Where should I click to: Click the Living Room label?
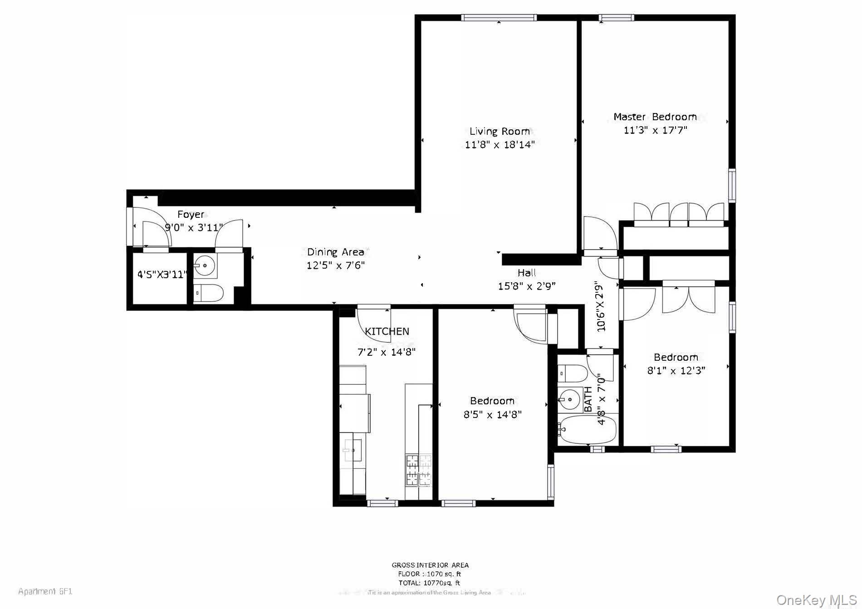500,132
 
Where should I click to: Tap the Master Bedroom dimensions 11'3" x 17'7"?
655,130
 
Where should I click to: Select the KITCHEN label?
387,332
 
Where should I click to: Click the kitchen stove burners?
418,470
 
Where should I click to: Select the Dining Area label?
335,252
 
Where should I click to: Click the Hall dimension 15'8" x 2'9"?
526,286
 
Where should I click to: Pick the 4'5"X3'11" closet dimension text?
162,274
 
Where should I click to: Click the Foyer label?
191,214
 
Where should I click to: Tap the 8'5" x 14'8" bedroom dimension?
492,414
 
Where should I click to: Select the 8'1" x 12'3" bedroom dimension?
676,371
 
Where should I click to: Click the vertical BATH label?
588,399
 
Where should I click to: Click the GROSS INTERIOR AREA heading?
430,565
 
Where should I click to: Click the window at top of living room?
499,18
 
